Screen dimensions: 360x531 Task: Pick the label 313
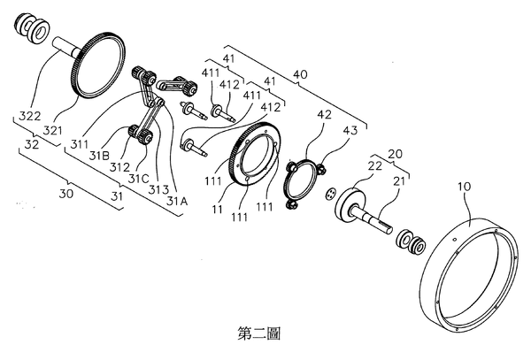pyautogui.click(x=158, y=189)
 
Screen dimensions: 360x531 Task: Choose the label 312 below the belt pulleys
pyautogui.click(x=120, y=165)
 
